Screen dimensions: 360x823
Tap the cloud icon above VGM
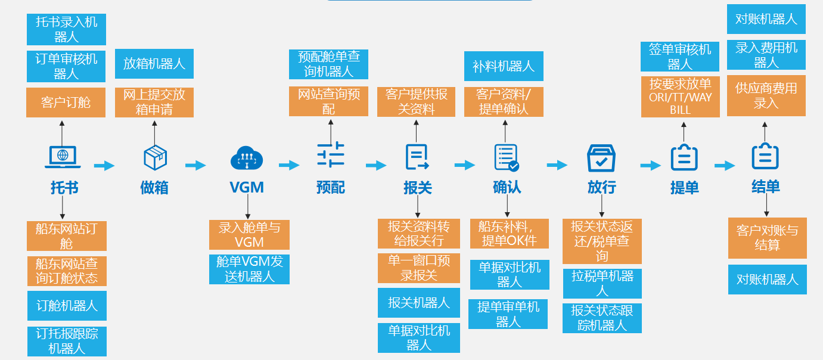[247, 157]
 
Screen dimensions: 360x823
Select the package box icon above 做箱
[155, 158]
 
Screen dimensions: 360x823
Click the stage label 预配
[330, 188]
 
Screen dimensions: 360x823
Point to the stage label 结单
[765, 187]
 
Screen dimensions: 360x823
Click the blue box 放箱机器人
[154, 64]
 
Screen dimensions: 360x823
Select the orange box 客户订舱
[66, 103]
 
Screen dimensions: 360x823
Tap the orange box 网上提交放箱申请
[154, 103]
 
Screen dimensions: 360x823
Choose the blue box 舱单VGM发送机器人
[249, 269]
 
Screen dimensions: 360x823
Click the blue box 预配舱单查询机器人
[329, 64]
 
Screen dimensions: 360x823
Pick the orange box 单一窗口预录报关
[419, 268]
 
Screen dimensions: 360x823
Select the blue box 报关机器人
[419, 303]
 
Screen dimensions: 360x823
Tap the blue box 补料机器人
[504, 66]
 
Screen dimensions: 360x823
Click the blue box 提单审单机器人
[508, 314]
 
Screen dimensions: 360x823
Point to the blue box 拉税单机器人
[602, 284]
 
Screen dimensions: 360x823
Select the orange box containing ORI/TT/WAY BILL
[681, 97]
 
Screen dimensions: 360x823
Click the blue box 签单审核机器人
[680, 57]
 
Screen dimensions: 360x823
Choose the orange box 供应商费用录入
[766, 95]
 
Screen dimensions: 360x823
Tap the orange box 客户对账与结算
[767, 238]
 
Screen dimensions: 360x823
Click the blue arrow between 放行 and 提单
[651, 166]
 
